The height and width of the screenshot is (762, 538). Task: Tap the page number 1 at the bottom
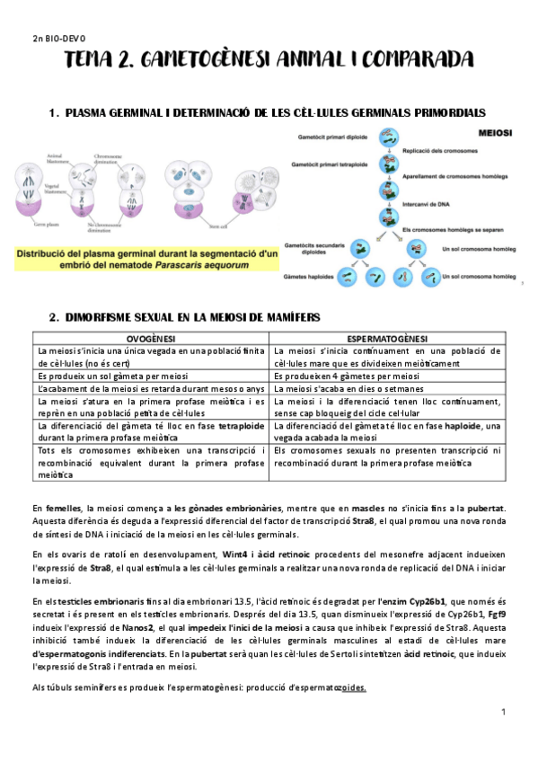(504, 713)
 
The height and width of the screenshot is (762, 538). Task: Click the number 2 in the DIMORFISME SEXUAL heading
(53, 317)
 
